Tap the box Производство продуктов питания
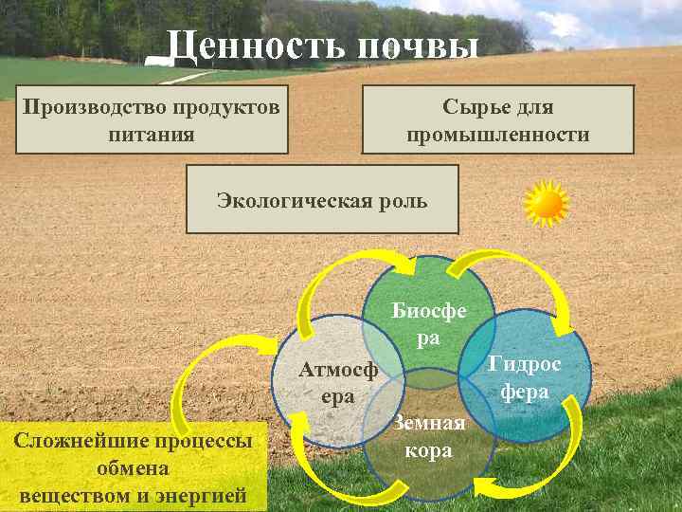point(152,119)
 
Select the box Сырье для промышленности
point(498,119)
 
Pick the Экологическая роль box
point(322,199)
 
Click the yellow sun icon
point(547,204)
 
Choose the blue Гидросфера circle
point(526,375)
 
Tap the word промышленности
point(498,135)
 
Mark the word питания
point(152,134)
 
